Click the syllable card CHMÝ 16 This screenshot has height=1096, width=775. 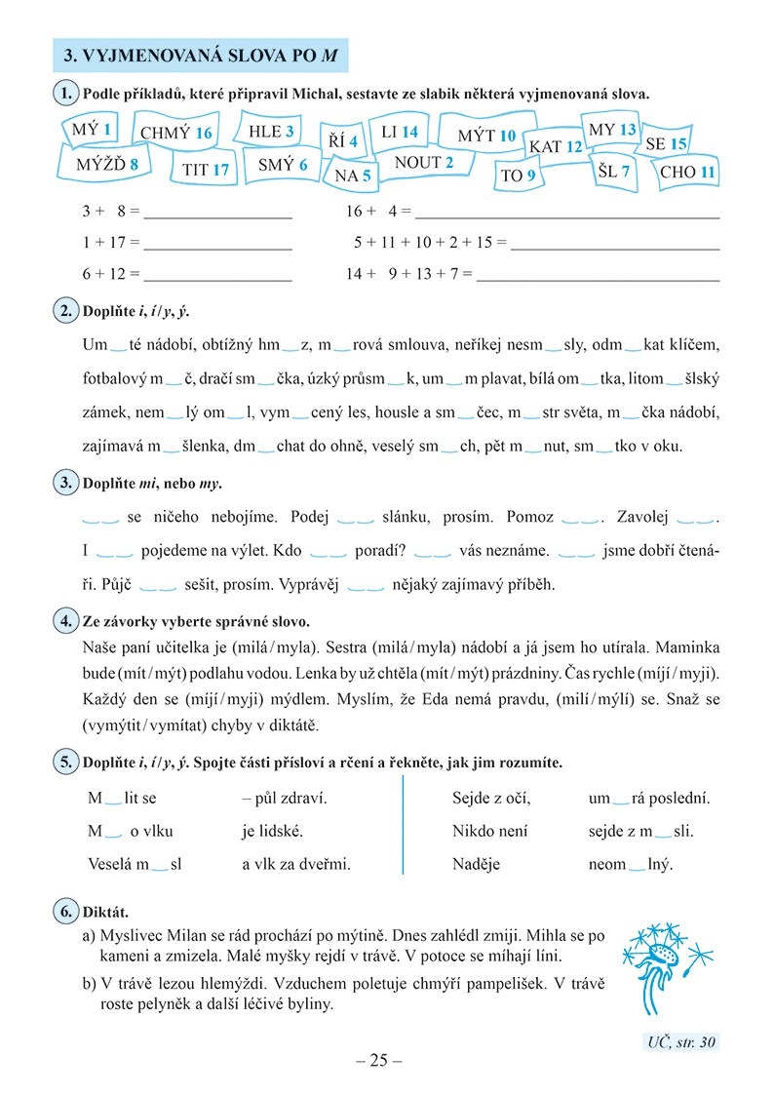pos(175,134)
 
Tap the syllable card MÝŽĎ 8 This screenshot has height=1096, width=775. pos(100,165)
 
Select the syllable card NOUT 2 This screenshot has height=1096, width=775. pos(424,163)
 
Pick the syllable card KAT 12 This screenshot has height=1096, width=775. pos(556,146)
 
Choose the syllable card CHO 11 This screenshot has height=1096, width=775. pos(687,172)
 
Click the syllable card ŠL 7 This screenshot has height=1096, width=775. pos(614,172)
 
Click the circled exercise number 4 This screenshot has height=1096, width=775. pos(63,621)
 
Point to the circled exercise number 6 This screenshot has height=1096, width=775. pos(63,913)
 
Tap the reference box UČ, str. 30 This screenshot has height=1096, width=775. pos(681,1042)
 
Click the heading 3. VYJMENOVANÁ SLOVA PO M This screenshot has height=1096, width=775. pos(200,57)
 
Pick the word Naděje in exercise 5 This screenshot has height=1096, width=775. pos(477,864)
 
